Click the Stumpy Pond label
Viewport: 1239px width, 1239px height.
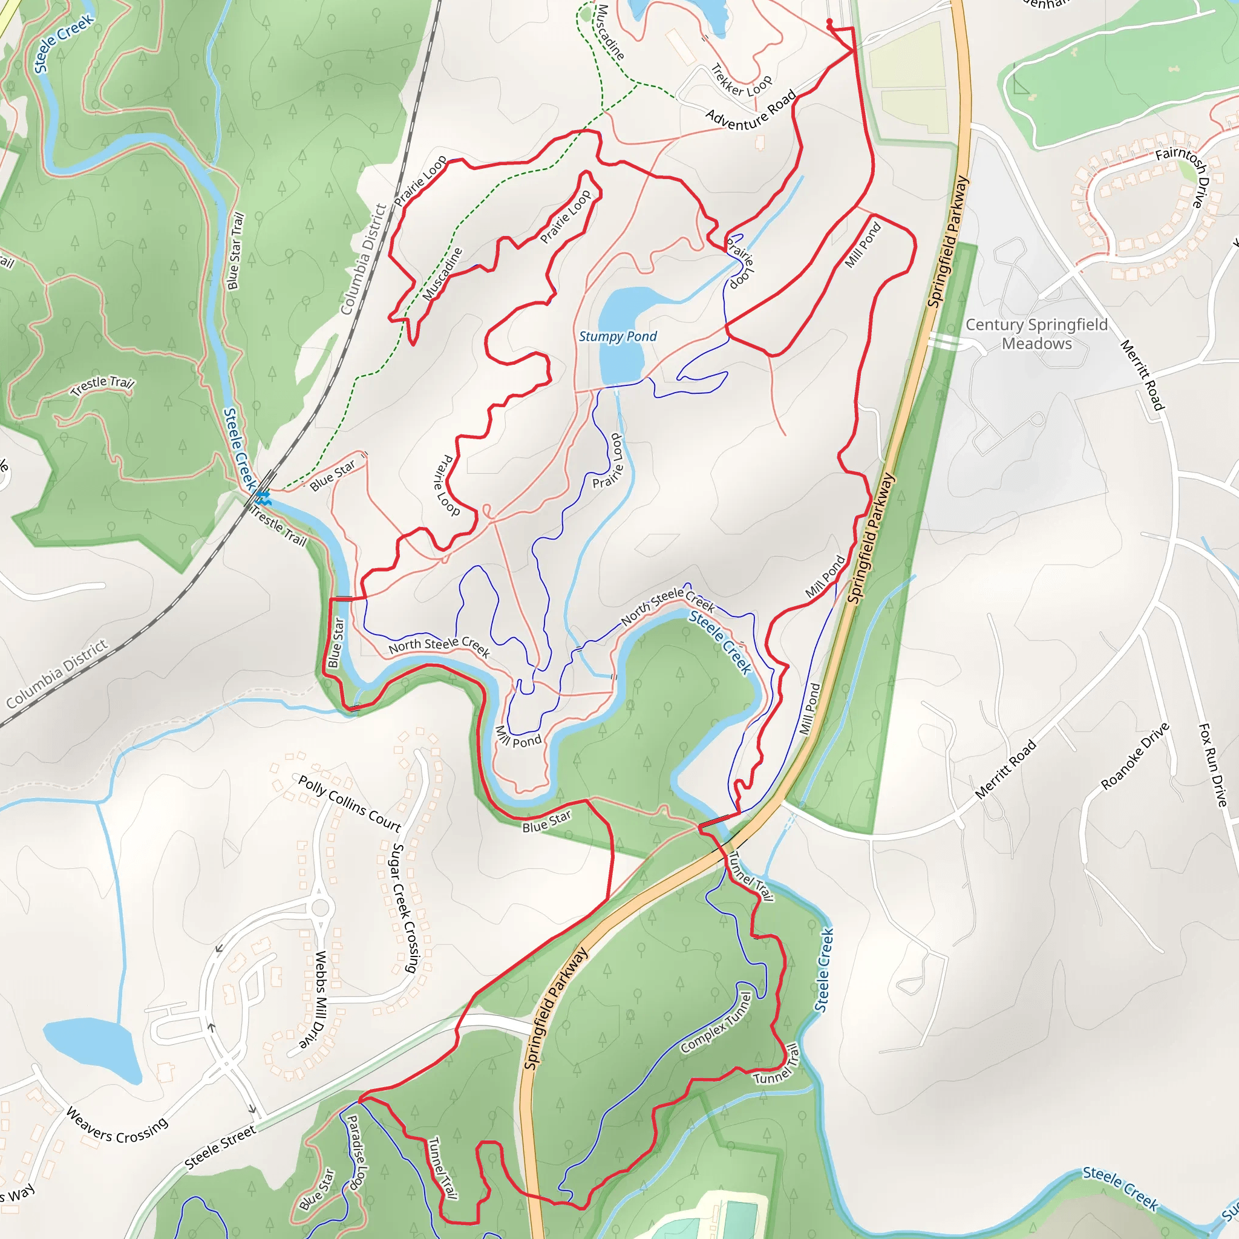618,337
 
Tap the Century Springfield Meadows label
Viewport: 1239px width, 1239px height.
1036,334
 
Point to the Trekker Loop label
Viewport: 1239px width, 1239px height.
741,82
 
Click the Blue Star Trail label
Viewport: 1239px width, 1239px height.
235,250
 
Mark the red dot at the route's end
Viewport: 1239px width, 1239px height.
829,22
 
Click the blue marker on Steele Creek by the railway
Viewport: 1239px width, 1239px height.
263,497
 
